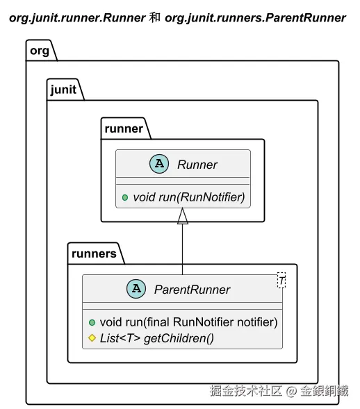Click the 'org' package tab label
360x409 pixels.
pos(40,51)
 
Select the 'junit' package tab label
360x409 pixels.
pos(63,90)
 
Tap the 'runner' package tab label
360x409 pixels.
pos(124,128)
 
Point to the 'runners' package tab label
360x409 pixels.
pos(94,253)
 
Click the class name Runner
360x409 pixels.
pos(197,165)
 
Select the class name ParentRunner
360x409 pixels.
pos(192,290)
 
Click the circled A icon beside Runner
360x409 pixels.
pos(159,164)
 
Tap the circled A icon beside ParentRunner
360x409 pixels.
pos(136,289)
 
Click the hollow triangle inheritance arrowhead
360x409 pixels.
pos(183,216)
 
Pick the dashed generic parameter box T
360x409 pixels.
pos(281,280)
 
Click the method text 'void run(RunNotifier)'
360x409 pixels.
pos(189,197)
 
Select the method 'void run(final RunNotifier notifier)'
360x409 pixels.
pos(188,322)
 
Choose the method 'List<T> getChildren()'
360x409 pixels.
pos(157,338)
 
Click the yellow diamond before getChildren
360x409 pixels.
pos(92,338)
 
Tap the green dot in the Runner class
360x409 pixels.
pos(125,197)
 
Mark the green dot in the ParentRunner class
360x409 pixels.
pos(92,323)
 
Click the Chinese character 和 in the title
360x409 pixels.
pos(155,18)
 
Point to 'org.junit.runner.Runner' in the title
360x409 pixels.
pos(78,18)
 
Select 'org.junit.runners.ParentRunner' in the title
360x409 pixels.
pos(255,18)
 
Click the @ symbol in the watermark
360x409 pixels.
pos(291,391)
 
